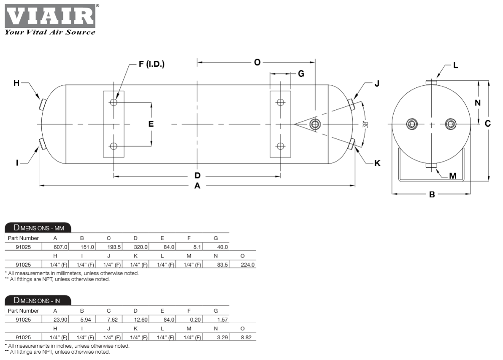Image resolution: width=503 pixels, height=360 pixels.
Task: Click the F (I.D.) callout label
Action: (151, 64)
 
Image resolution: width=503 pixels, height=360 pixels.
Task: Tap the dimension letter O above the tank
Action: (257, 62)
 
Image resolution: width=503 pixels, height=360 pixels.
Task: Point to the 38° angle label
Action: (365, 124)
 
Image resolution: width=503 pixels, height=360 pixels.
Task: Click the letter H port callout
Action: (16, 83)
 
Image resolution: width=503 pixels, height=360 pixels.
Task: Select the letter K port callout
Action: (377, 163)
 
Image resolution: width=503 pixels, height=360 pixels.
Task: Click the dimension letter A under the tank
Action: (197, 186)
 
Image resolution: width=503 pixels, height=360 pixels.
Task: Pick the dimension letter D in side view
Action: (197, 176)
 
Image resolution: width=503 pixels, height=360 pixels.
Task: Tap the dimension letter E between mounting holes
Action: (151, 124)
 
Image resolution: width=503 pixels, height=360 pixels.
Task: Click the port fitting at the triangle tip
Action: (315, 124)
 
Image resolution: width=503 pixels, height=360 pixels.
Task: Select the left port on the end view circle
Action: (412, 124)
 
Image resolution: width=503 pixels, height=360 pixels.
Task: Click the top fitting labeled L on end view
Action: (431, 81)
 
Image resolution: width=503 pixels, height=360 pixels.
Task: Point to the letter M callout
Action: (452, 176)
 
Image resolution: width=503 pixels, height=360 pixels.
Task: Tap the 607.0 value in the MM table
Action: (61, 246)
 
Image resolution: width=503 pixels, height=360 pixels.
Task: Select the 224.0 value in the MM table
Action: (248, 265)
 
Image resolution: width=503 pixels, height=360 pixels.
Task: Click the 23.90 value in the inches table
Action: (61, 319)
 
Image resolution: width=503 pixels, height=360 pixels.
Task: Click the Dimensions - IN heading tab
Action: (38, 300)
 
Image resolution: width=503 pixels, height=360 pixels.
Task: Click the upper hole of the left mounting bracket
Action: (114, 102)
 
